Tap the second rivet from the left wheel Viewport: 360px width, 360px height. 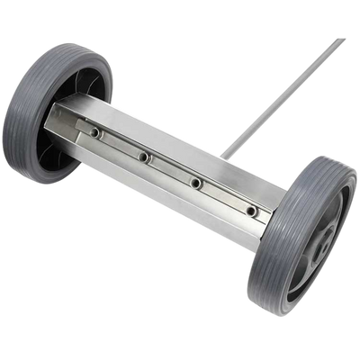coord(144,157)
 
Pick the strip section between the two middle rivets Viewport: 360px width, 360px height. coord(169,171)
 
